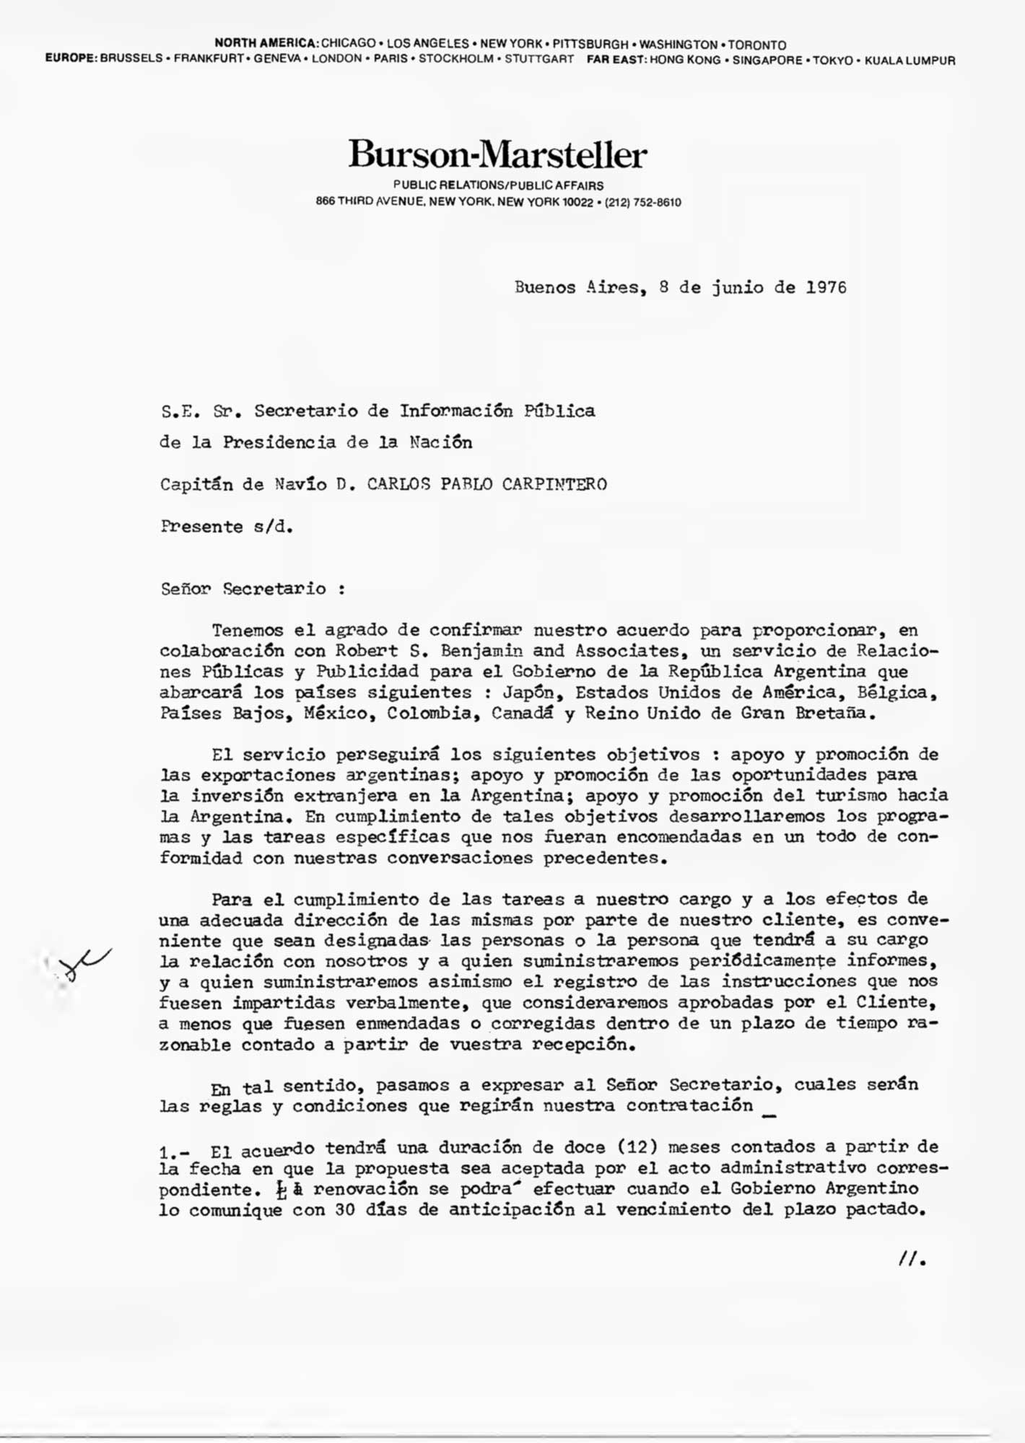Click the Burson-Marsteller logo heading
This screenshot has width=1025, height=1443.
(497, 154)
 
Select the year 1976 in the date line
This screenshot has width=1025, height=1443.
(826, 287)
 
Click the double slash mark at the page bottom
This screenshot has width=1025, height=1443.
(911, 1259)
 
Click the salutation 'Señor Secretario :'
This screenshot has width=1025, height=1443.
(253, 589)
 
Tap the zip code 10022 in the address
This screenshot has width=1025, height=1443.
(577, 203)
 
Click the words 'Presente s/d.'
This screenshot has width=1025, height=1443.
(227, 527)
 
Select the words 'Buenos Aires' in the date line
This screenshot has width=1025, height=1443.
(577, 287)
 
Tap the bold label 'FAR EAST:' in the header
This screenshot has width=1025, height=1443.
(616, 61)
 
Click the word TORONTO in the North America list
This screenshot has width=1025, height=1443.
(756, 45)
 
